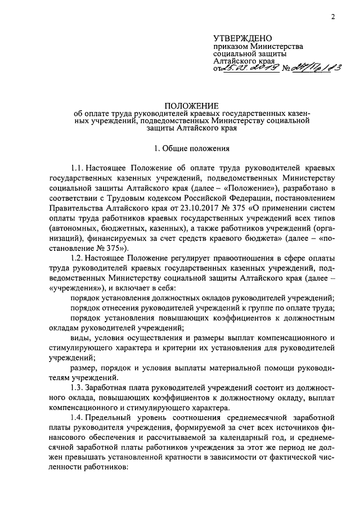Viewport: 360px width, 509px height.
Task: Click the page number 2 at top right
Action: (333, 16)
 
